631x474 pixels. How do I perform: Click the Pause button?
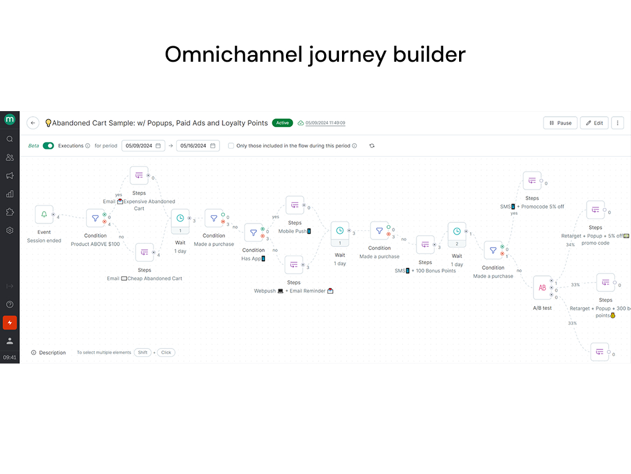560,123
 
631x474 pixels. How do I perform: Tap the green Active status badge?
282,123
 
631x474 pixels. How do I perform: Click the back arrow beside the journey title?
33,123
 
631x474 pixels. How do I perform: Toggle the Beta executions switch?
48,146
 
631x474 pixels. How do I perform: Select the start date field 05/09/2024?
143,146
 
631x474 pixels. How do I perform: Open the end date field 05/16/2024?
197,146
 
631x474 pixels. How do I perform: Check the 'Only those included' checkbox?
231,146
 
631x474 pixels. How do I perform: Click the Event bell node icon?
44,215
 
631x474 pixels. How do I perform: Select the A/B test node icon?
542,288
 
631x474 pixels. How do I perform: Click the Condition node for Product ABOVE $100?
95,218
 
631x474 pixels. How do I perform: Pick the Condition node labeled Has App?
253,233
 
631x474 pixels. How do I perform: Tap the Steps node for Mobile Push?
295,206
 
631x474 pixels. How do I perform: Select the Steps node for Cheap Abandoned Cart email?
144,252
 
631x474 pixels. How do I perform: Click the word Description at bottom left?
52,353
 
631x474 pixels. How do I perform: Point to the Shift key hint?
142,352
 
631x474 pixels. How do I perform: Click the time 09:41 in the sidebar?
10,357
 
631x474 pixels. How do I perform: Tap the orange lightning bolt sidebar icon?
10,323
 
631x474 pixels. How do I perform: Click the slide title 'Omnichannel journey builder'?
315,54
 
